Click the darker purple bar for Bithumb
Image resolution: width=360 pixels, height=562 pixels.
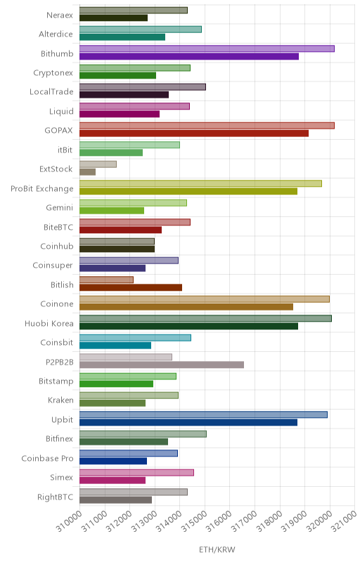(189, 56)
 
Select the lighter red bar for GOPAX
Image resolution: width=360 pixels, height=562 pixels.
(207, 126)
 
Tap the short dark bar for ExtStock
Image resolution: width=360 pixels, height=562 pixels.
(87, 172)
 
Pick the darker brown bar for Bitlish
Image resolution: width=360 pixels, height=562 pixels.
(131, 287)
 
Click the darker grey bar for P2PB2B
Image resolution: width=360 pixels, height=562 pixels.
(162, 365)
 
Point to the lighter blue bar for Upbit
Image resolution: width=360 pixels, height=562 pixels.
(203, 414)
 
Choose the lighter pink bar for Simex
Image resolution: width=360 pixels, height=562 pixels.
(136, 472)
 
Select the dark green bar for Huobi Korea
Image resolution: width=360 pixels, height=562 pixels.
(188, 326)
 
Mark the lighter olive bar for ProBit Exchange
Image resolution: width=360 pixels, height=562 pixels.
(200, 183)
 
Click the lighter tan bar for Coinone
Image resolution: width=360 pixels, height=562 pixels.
(205, 299)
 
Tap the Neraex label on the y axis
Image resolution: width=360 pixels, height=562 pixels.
(60, 15)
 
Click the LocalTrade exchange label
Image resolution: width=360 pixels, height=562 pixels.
(51, 92)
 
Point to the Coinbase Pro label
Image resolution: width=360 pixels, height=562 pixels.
(47, 459)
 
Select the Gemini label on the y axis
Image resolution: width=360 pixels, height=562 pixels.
(60, 207)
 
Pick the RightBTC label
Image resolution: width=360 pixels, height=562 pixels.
(56, 497)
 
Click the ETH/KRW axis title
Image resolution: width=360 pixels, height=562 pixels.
(217, 549)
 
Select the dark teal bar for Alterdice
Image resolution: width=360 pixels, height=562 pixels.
(122, 37)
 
